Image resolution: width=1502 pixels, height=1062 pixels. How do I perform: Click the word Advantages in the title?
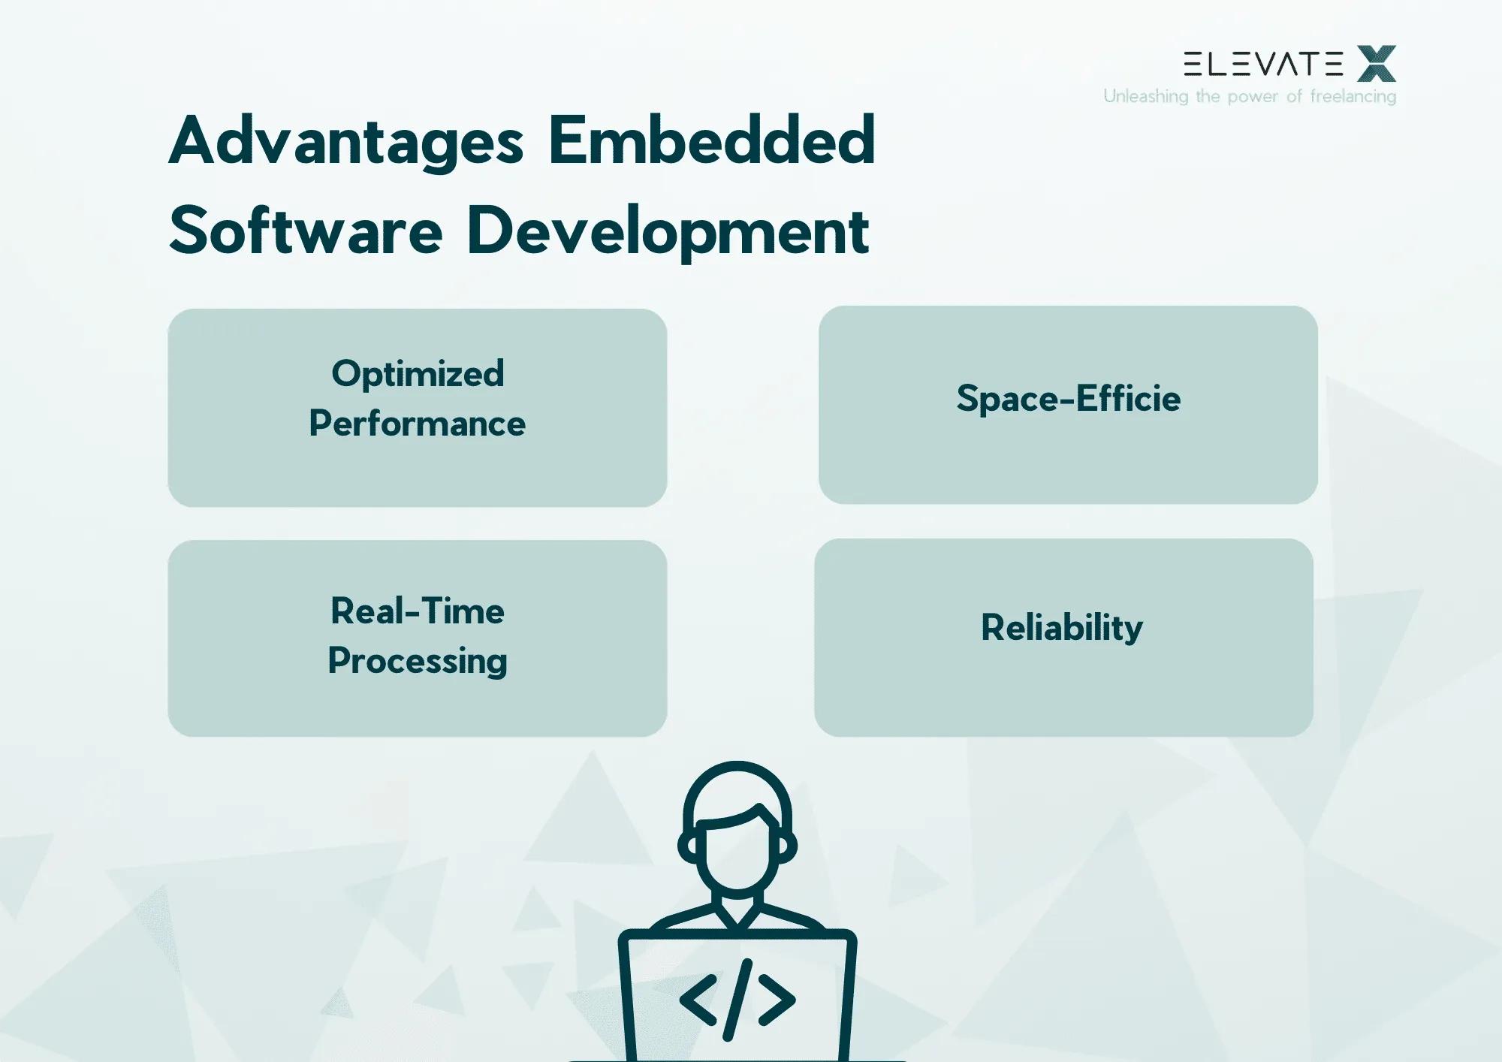[346, 141]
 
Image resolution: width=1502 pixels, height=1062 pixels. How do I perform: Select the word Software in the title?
[306, 231]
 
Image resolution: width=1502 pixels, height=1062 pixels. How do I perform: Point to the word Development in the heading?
[668, 232]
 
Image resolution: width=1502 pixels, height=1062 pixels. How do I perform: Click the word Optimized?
[418, 373]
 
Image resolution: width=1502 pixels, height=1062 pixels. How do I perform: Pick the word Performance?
[418, 424]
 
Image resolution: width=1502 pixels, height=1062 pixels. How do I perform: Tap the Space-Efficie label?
[1068, 398]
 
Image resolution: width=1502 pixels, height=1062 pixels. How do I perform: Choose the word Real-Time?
[418, 611]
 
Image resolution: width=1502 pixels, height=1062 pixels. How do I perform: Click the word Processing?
[418, 661]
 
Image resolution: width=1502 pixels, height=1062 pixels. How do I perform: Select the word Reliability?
[1062, 627]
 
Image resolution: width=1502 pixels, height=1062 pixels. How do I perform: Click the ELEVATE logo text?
[1263, 64]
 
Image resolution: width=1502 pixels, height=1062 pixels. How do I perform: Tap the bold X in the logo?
[1377, 63]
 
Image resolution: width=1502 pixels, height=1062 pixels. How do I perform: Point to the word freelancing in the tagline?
[1353, 96]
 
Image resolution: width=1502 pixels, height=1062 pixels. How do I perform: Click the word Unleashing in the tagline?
[1146, 96]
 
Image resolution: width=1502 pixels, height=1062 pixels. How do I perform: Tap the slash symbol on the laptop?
[737, 1000]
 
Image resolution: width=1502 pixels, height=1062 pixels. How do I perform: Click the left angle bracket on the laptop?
[698, 1000]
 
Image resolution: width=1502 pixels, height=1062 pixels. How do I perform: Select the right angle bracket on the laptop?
[777, 1000]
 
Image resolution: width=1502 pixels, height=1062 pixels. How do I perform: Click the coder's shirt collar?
[737, 913]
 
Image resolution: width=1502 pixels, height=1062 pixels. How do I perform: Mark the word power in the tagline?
[1253, 97]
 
